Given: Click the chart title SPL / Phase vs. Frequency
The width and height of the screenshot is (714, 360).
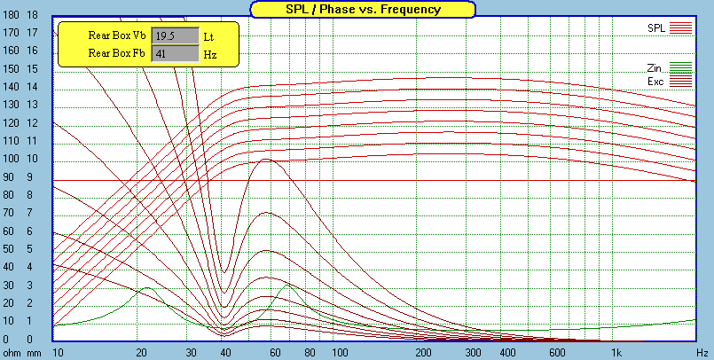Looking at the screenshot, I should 363,10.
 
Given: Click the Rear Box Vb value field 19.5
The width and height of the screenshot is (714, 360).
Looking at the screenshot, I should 174,36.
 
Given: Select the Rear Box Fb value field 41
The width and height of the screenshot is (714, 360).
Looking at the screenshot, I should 174,54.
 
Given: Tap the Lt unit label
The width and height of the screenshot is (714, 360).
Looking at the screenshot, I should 209,36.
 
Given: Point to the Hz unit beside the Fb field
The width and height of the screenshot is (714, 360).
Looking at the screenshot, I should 210,54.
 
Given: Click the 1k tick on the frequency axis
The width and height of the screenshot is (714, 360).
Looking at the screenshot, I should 616,352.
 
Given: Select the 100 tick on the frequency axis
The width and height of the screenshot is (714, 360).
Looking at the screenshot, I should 339,352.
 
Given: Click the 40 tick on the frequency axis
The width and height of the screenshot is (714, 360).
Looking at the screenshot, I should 226,352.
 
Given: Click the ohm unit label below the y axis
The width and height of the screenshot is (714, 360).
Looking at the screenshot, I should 10,353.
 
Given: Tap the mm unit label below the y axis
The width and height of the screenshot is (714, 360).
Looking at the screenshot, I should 34,353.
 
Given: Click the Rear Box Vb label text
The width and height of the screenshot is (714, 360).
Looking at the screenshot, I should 117,36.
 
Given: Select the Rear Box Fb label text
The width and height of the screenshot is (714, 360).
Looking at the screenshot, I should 117,54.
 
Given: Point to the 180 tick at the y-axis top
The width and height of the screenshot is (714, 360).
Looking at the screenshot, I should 10,15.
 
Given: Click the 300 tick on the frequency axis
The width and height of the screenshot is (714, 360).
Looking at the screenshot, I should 472,352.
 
